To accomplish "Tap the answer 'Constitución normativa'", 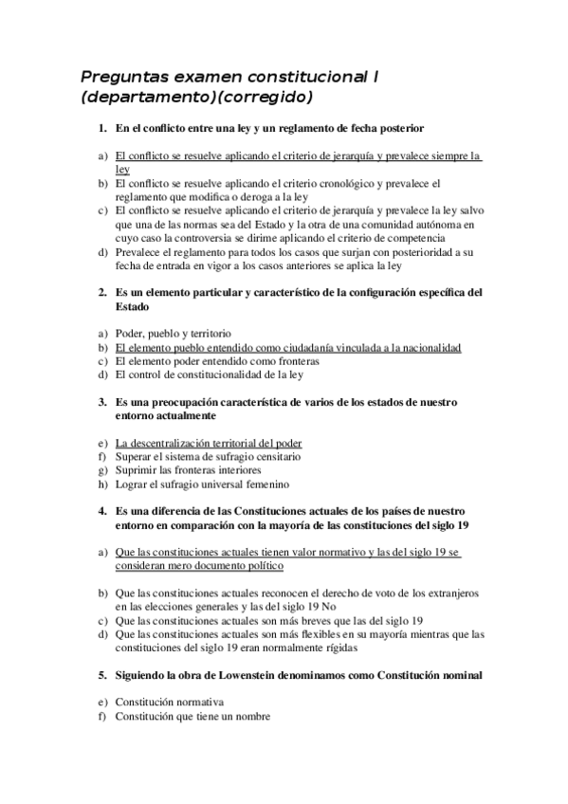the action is click(169, 703).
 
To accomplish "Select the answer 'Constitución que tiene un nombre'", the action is click(192, 717).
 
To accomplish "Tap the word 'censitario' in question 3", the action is click(280, 456).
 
